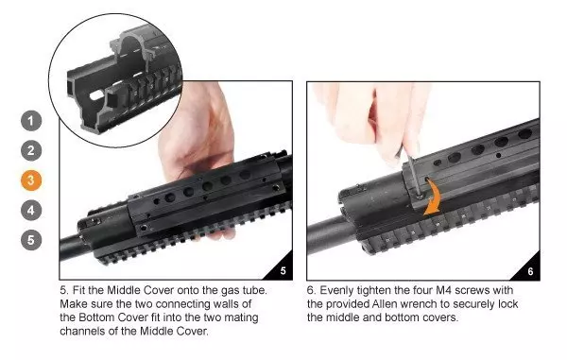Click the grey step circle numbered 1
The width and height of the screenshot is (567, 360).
32,121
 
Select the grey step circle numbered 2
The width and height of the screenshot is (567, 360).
32,150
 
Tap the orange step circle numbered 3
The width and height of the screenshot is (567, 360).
32,180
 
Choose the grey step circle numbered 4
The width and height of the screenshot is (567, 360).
32,210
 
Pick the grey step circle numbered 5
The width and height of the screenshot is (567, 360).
32,239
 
